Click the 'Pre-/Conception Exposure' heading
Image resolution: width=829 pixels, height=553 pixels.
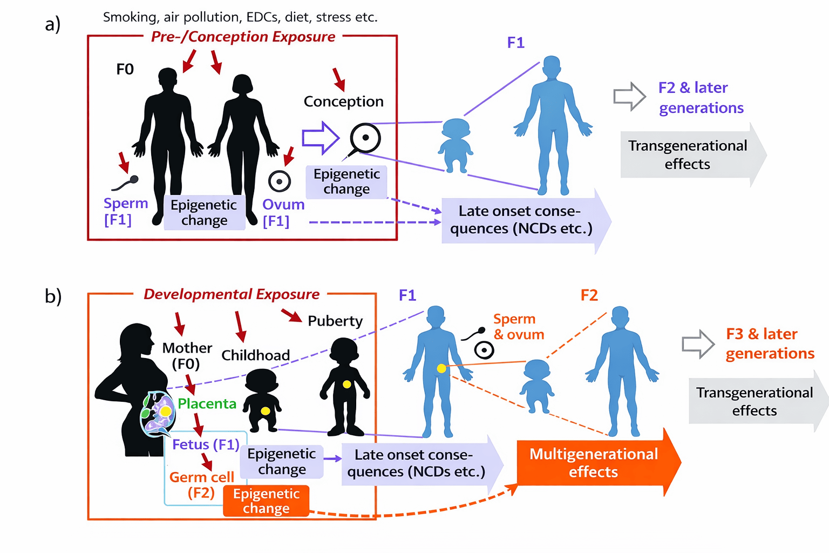[x=243, y=37]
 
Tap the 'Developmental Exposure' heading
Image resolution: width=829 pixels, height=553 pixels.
[x=232, y=294]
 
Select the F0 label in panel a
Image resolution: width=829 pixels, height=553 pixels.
[x=125, y=69]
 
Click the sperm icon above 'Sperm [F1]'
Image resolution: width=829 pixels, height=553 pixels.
[x=125, y=183]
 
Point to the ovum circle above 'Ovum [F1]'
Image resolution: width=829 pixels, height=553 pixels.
[x=280, y=181]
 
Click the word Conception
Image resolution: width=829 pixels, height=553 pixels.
[x=344, y=102]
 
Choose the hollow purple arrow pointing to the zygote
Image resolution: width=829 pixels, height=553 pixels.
[x=320, y=138]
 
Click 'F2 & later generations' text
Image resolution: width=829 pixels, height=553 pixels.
[x=701, y=98]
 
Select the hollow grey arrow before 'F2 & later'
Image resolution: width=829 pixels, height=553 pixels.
[x=629, y=97]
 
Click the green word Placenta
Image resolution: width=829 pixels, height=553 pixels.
[x=207, y=404]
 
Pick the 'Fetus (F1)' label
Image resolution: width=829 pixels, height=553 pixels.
[x=206, y=444]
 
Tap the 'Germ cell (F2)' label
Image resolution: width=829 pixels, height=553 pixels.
[x=201, y=485]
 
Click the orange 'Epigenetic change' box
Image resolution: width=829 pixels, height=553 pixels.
[x=266, y=501]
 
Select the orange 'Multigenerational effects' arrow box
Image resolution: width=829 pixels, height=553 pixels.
[x=594, y=463]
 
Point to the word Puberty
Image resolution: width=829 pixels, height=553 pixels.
[x=335, y=321]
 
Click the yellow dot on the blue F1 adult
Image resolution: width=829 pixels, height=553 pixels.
[x=441, y=369]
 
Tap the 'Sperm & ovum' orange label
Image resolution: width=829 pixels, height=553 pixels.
[x=518, y=327]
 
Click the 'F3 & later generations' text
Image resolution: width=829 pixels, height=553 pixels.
[x=769, y=343]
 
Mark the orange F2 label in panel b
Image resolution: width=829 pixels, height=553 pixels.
[x=589, y=295]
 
